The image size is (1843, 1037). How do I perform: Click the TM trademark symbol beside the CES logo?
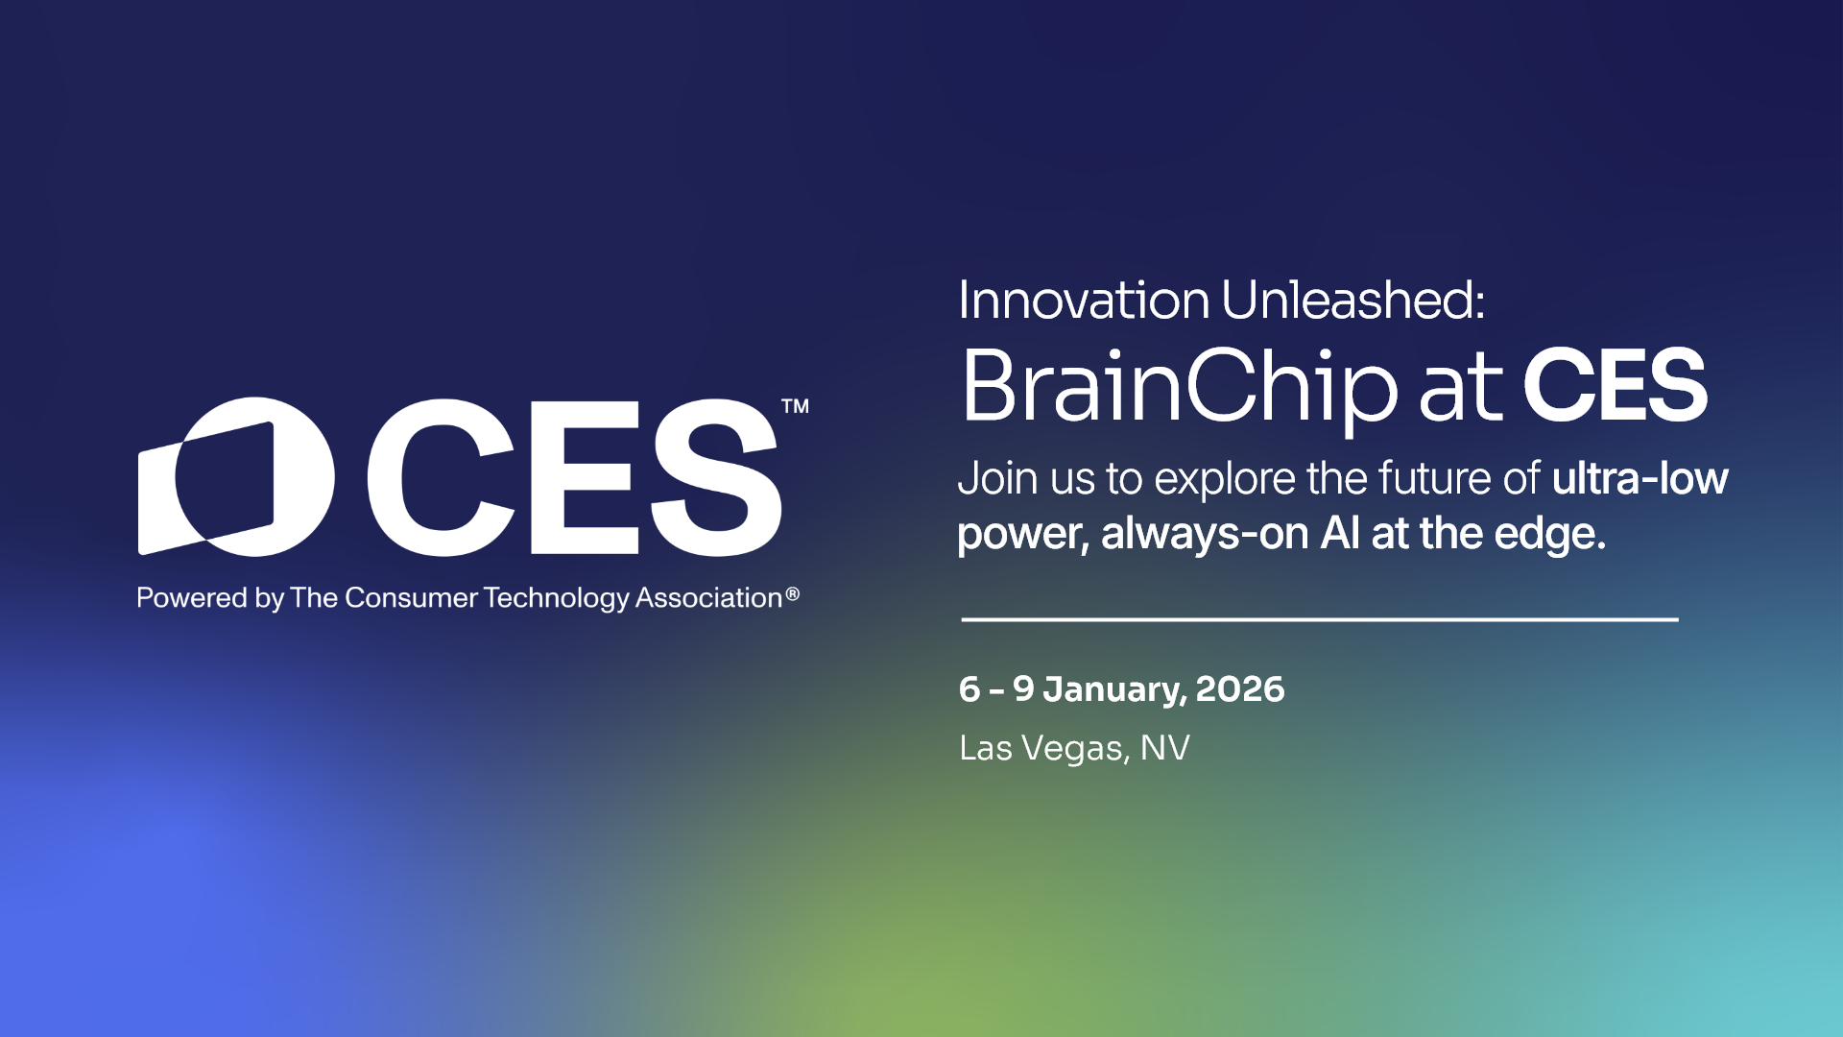(x=795, y=406)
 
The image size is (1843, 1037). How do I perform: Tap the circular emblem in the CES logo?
(x=237, y=476)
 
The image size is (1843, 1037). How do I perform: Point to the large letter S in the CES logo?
(x=716, y=477)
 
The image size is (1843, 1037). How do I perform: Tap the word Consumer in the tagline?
(x=411, y=598)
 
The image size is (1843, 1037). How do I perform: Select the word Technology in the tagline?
(x=557, y=598)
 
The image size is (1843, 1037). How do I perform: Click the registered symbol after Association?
(x=792, y=594)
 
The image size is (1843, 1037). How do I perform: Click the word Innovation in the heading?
(x=1084, y=301)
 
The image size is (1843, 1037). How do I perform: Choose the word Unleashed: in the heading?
(x=1353, y=301)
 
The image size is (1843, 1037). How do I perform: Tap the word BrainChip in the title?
(x=1180, y=387)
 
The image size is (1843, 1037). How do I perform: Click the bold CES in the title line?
(x=1615, y=386)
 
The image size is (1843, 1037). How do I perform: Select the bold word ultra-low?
(x=1640, y=478)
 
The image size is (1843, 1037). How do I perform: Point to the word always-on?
(x=1205, y=533)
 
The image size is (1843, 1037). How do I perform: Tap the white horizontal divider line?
(x=1320, y=619)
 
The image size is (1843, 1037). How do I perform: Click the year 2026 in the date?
(x=1239, y=689)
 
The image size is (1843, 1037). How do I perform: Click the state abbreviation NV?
(x=1164, y=748)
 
